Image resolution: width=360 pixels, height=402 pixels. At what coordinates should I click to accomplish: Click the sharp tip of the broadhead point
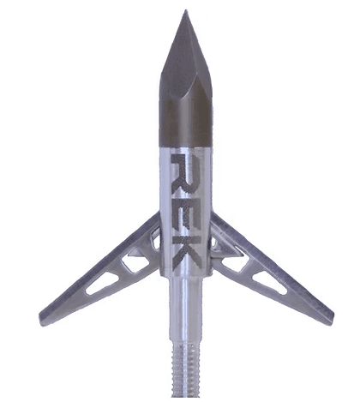186,10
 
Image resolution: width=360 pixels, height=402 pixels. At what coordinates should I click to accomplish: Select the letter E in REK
187,209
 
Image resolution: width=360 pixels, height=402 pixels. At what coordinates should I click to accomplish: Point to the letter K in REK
188,252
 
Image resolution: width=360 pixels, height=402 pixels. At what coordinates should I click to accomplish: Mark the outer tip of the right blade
333,316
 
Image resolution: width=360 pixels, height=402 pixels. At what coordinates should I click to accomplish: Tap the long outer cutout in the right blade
270,283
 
